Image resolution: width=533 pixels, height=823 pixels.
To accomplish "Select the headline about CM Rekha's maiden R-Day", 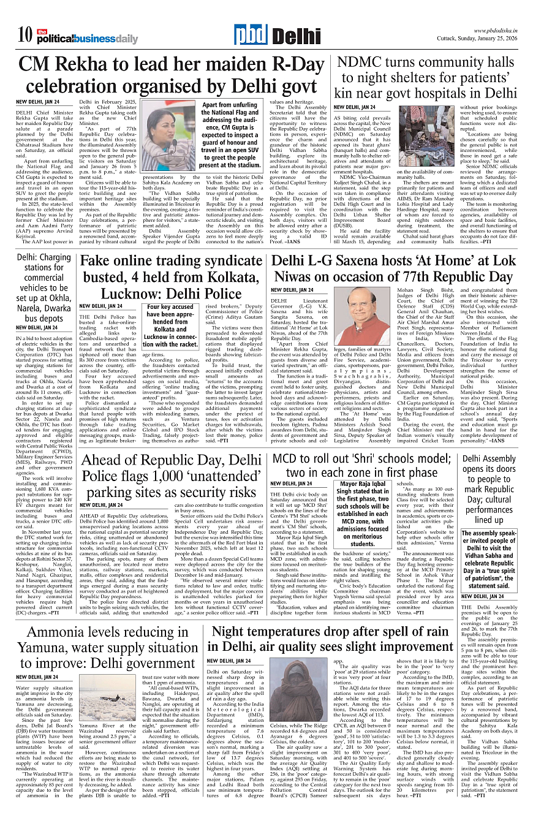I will (x=171, y=75).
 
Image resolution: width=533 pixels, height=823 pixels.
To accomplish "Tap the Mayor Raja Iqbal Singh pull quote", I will (x=362, y=514).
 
